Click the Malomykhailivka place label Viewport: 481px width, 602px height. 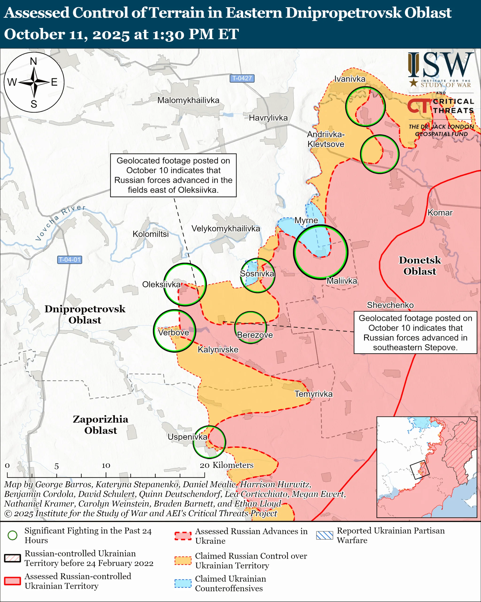[x=188, y=100]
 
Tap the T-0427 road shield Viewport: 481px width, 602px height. [x=242, y=78]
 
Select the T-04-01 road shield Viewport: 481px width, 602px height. [x=70, y=260]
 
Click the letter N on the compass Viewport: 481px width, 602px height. [x=33, y=61]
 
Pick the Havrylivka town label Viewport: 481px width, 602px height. [x=268, y=118]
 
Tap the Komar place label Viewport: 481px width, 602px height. [x=440, y=213]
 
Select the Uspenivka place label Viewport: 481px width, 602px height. [x=187, y=437]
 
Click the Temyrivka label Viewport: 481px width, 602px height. [x=313, y=394]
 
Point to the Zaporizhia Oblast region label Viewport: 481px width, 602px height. [x=100, y=425]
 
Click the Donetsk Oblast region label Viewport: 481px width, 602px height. [x=420, y=265]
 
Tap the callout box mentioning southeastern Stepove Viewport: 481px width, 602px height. [x=415, y=333]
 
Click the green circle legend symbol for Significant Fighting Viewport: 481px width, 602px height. [x=12, y=535]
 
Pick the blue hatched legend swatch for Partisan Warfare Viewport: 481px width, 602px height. [x=325, y=535]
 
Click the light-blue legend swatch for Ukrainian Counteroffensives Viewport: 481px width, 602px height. [x=183, y=584]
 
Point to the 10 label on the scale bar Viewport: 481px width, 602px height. [x=106, y=465]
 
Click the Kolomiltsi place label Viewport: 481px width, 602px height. [x=151, y=234]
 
